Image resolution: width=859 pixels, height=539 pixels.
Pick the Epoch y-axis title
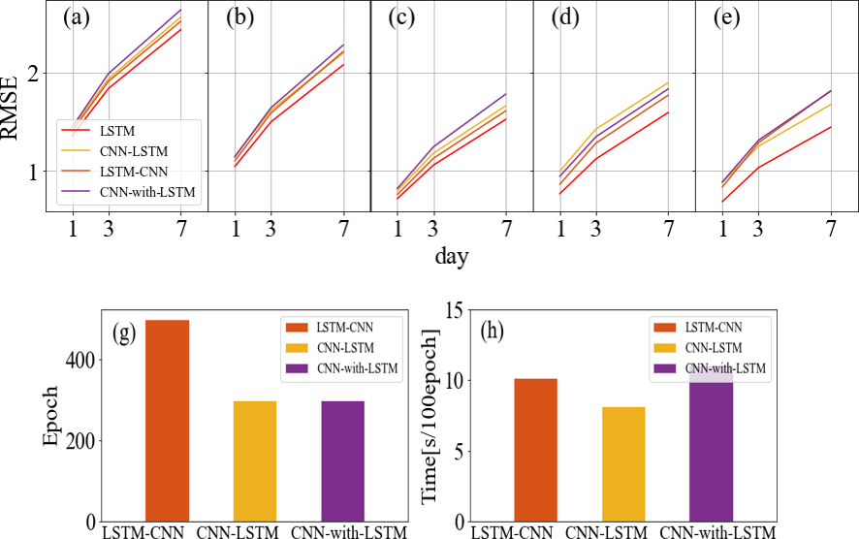pyautogui.click(x=51, y=416)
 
